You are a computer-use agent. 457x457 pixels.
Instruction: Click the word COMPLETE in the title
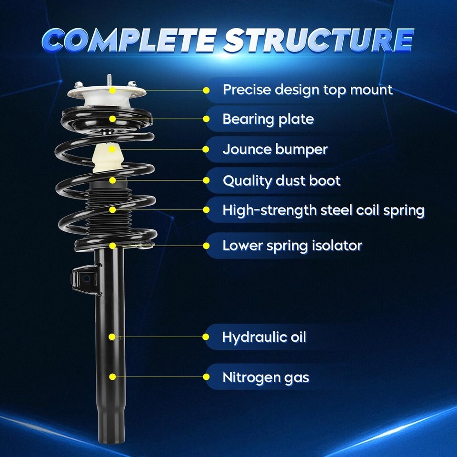tap(129, 40)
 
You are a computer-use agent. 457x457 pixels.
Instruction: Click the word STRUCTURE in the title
tap(318, 40)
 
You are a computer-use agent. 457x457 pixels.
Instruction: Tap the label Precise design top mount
tap(308, 90)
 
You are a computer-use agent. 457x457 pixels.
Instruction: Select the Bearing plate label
tap(268, 119)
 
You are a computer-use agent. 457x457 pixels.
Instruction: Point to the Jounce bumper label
tap(275, 149)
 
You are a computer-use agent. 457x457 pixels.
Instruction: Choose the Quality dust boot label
tap(281, 181)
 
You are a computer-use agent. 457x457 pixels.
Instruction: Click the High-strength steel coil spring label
tap(324, 210)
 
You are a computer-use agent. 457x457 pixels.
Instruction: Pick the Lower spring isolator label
tap(292, 246)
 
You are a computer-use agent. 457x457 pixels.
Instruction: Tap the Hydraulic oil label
tap(264, 337)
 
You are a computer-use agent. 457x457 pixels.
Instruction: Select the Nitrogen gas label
tap(266, 378)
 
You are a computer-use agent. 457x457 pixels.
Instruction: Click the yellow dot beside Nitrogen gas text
tap(206, 377)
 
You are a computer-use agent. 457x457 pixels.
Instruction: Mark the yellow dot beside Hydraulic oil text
tap(206, 337)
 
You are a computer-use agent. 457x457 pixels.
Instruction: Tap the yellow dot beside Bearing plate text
tap(206, 119)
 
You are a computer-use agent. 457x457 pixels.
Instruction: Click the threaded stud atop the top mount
tap(109, 80)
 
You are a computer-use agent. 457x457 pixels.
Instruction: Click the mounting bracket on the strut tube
tap(86, 279)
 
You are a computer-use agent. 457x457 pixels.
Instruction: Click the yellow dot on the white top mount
tap(112, 90)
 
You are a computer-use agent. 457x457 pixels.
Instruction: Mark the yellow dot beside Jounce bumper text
tap(206, 149)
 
